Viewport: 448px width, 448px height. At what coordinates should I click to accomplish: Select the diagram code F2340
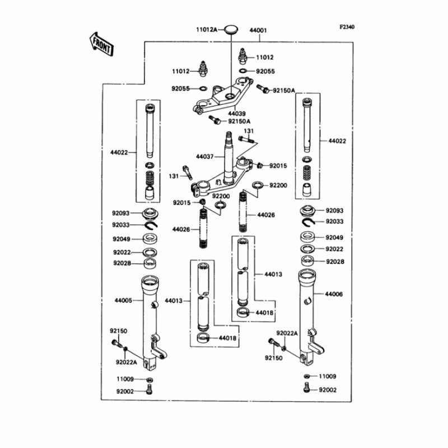point(347,26)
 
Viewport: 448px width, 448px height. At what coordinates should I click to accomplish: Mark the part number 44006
point(334,293)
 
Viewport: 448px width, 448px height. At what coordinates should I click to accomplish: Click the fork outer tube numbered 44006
point(306,314)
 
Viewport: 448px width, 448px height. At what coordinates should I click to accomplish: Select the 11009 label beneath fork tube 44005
point(125,380)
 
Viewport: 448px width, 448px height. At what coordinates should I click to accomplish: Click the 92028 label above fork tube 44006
point(335,262)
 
